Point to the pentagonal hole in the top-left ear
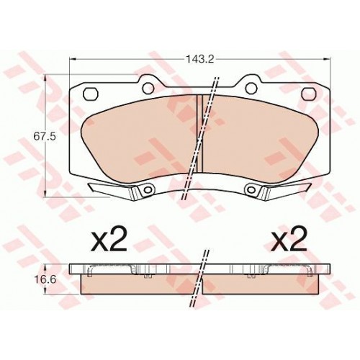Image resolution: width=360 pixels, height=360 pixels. click(91, 93)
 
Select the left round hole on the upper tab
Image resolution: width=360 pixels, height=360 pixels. click(148, 89)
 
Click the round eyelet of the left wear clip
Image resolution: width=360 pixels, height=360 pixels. click(147, 190)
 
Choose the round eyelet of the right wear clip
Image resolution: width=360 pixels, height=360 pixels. click(251, 190)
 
